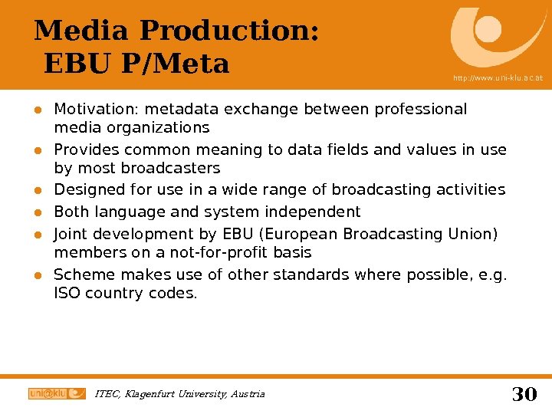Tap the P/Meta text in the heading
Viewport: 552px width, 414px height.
[x=175, y=64]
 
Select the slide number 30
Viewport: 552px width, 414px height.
[x=524, y=394]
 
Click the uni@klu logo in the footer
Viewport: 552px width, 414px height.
[x=57, y=393]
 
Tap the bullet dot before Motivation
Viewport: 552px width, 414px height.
[x=35, y=110]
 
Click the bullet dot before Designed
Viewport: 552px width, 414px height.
[x=35, y=190]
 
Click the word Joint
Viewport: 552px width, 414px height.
[x=70, y=233]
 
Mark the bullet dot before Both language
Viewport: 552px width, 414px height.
[x=35, y=212]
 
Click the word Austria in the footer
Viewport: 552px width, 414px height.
[x=248, y=394]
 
